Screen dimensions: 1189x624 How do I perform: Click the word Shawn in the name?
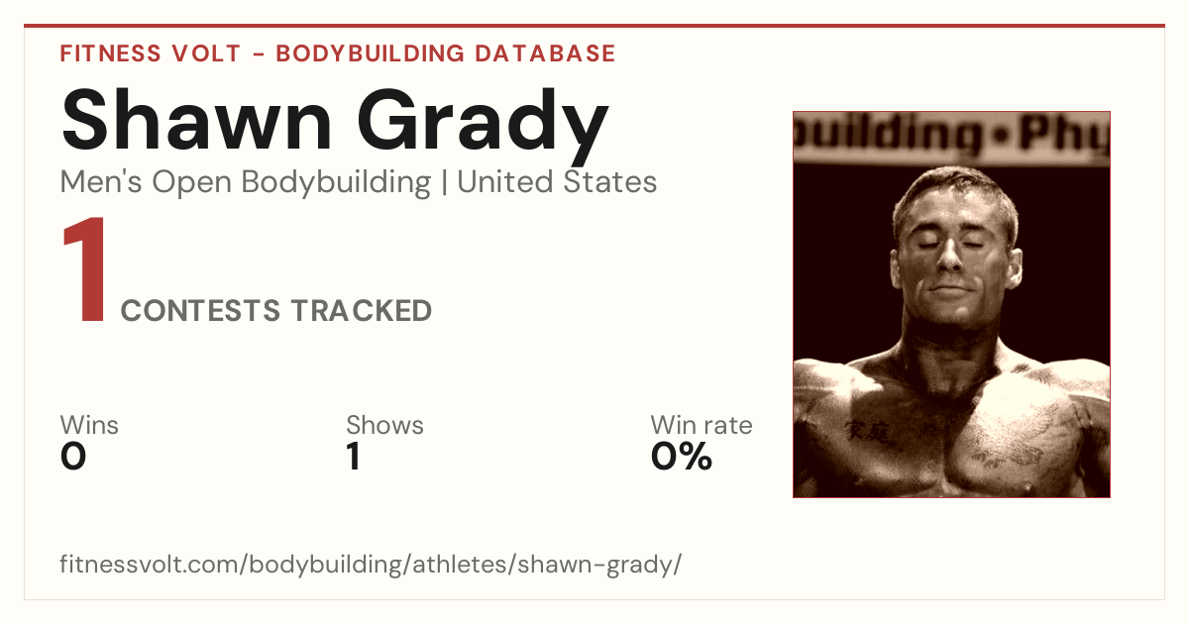click(197, 120)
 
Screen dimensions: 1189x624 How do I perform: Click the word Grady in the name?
click(483, 127)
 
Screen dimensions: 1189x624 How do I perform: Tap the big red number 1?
click(85, 268)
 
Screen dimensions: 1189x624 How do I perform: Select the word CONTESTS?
click(200, 310)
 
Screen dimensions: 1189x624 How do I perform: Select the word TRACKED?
click(362, 310)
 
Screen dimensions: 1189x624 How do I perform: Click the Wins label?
click(89, 425)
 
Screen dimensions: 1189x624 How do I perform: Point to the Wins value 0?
click(73, 457)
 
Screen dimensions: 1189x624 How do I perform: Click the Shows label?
click(384, 425)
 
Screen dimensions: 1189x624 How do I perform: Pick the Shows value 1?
click(354, 457)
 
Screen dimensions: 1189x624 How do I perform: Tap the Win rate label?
click(702, 425)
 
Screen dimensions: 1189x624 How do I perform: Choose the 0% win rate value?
click(682, 457)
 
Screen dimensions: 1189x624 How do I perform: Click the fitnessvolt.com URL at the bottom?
click(371, 564)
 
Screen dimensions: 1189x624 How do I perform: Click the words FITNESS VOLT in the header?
click(151, 53)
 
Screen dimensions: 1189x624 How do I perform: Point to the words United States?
click(557, 182)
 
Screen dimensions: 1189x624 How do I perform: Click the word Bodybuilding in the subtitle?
click(336, 183)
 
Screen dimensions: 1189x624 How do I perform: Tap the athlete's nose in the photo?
click(949, 256)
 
